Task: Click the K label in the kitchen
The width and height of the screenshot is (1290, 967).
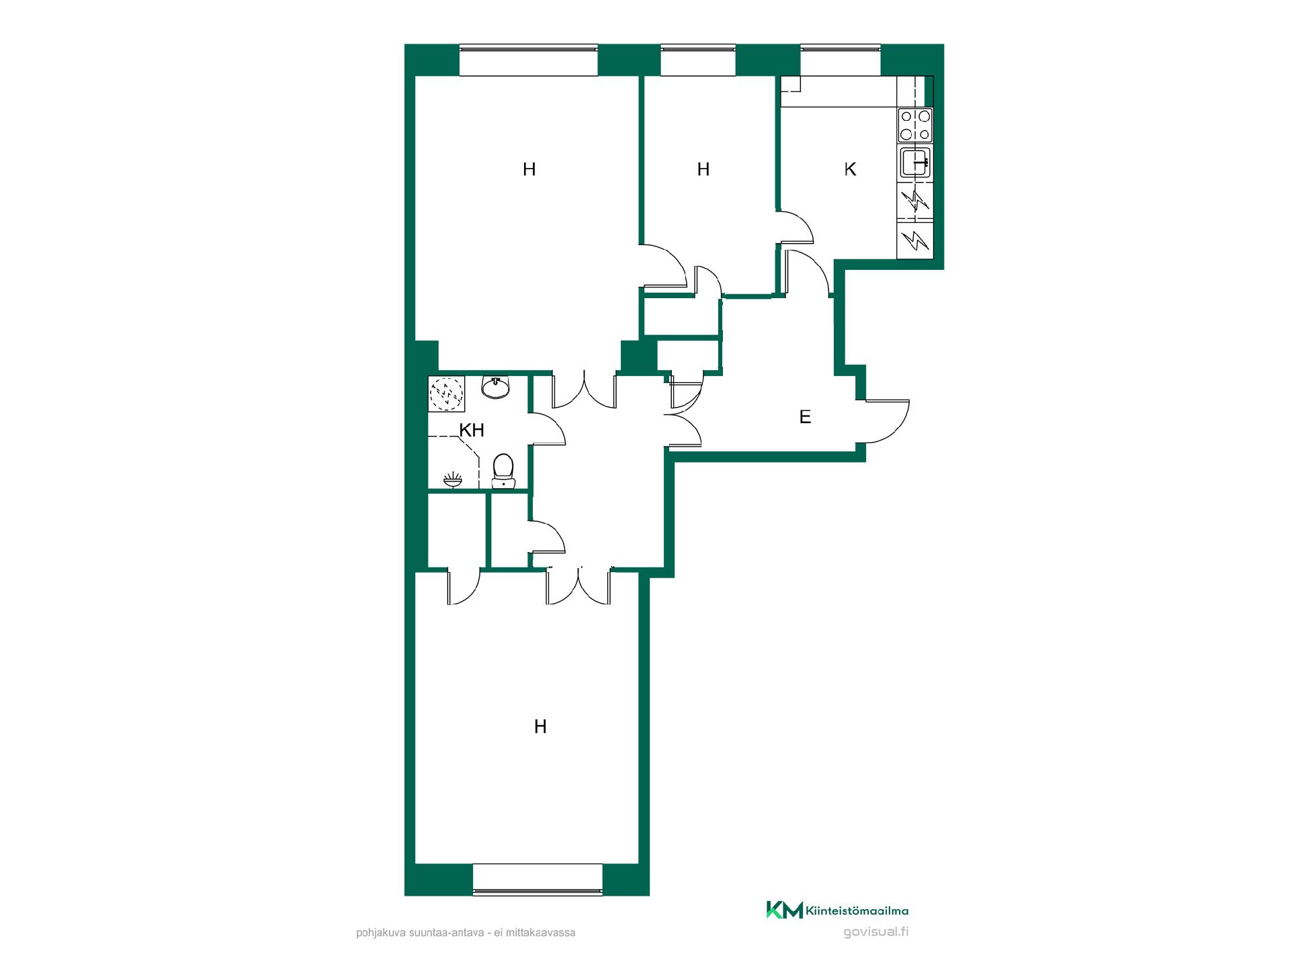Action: (x=850, y=169)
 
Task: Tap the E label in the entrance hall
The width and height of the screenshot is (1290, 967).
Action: (x=805, y=417)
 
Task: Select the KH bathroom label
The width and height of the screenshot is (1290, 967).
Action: (x=472, y=430)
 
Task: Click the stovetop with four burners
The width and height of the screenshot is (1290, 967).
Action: (x=915, y=126)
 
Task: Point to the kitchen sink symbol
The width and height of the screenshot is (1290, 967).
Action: (x=915, y=163)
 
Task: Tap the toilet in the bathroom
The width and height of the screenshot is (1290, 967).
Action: (x=503, y=471)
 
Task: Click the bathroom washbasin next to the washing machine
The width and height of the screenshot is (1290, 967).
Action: (x=496, y=387)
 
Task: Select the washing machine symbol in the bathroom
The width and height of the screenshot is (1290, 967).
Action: (x=447, y=394)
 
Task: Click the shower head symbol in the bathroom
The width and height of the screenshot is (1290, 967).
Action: (x=453, y=479)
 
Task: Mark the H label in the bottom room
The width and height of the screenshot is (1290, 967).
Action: (x=540, y=727)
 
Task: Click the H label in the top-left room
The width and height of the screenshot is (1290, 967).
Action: (x=529, y=169)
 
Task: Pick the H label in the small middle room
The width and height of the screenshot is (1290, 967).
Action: (x=703, y=169)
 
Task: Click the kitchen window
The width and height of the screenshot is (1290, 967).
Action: (x=840, y=60)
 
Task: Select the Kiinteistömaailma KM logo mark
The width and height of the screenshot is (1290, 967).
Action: (x=784, y=911)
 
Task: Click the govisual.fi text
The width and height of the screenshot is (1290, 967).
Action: (x=875, y=932)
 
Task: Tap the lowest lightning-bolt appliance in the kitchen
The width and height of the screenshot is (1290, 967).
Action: (x=915, y=240)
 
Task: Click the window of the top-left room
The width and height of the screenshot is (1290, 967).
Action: (x=528, y=60)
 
